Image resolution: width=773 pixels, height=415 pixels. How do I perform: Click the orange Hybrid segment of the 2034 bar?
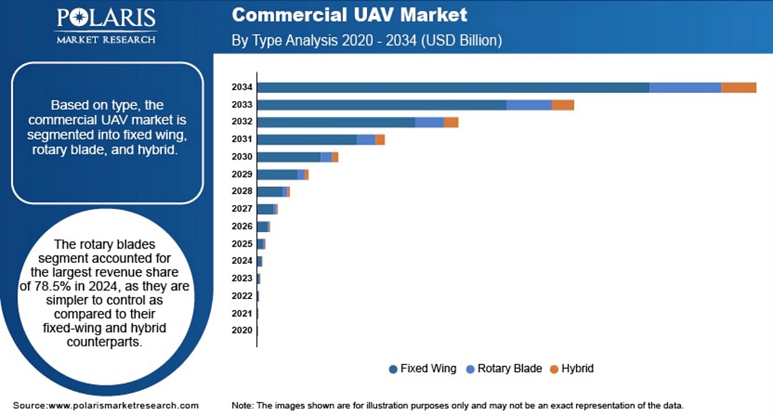pyautogui.click(x=739, y=88)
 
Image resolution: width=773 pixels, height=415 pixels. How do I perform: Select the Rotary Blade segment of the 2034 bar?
pyautogui.click(x=685, y=88)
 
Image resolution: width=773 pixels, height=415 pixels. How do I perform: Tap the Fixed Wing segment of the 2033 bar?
pyautogui.click(x=382, y=105)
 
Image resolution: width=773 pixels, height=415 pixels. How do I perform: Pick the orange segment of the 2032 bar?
pyautogui.click(x=451, y=122)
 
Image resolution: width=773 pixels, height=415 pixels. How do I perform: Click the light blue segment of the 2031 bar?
pyautogui.click(x=366, y=140)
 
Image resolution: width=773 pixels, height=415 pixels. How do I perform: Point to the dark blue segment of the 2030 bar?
pyautogui.click(x=289, y=157)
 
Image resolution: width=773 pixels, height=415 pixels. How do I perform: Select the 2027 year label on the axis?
pyautogui.click(x=242, y=209)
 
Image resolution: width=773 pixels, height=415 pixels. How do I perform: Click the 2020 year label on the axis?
pyautogui.click(x=242, y=330)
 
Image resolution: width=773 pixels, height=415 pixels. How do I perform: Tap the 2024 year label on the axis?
pyautogui.click(x=242, y=261)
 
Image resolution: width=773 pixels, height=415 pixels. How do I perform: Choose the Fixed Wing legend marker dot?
pyautogui.click(x=393, y=369)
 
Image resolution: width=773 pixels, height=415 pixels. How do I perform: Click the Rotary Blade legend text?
pyautogui.click(x=509, y=368)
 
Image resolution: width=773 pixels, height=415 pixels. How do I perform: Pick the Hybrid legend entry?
pyautogui.click(x=577, y=368)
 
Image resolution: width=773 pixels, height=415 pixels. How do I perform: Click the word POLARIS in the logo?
pyautogui.click(x=107, y=18)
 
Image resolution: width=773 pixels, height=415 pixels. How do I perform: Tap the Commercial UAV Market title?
pyautogui.click(x=349, y=15)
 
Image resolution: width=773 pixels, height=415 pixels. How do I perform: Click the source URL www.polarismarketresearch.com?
pyautogui.click(x=123, y=405)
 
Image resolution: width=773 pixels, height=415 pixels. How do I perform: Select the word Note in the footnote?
pyautogui.click(x=242, y=405)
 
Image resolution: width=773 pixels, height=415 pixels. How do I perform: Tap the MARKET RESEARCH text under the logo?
pyautogui.click(x=106, y=40)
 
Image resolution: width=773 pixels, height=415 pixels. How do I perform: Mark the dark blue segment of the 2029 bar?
pyautogui.click(x=277, y=174)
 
